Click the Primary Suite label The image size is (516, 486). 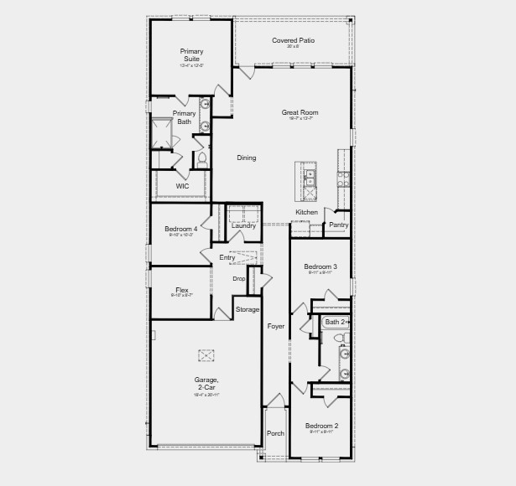[x=191, y=54]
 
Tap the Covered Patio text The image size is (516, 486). [x=292, y=40]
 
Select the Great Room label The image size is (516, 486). [x=300, y=112]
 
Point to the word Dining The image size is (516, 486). [x=246, y=158]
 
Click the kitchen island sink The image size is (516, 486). [x=310, y=178]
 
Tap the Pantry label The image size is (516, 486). [x=338, y=225]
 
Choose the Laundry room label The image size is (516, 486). [x=243, y=225]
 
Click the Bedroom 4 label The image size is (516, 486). [x=181, y=229]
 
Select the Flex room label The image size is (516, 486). [x=182, y=290]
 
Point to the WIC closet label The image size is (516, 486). [x=182, y=186]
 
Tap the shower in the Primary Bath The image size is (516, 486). [x=162, y=132]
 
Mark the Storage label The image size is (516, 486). [x=248, y=309]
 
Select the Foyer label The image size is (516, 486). [x=276, y=326]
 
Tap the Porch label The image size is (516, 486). [x=275, y=433]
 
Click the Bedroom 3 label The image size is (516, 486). [x=321, y=266]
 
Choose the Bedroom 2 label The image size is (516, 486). [x=321, y=426]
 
